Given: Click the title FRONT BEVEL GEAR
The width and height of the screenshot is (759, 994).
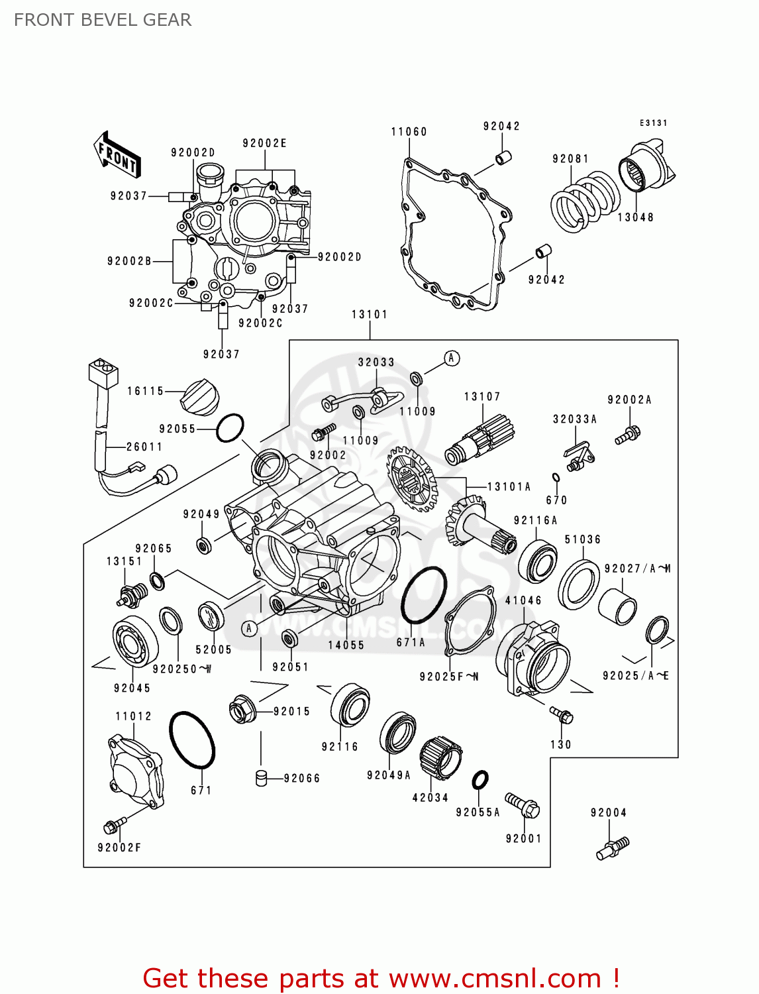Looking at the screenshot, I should point(103,20).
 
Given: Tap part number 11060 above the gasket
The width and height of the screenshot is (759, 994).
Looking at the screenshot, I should point(409,132).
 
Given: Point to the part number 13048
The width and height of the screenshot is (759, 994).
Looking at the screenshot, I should point(635,217).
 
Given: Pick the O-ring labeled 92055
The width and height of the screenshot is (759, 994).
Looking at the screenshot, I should point(230,428).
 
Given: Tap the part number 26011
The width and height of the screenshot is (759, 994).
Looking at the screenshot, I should point(144,447).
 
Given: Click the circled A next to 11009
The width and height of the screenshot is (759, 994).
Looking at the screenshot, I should point(451,359).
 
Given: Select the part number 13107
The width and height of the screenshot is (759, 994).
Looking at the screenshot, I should point(481,397).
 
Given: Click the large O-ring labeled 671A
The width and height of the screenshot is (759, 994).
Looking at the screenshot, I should point(424,595).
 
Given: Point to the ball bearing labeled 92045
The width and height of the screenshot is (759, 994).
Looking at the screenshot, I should point(135,640).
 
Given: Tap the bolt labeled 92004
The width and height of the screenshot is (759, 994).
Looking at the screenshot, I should point(613,848).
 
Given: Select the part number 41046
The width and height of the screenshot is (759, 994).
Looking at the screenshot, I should point(523,600).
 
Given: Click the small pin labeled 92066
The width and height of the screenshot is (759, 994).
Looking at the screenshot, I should point(262,778).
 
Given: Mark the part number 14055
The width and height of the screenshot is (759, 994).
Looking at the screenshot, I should point(346,645).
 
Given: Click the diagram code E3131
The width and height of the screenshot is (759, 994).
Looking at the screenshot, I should point(653,123).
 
